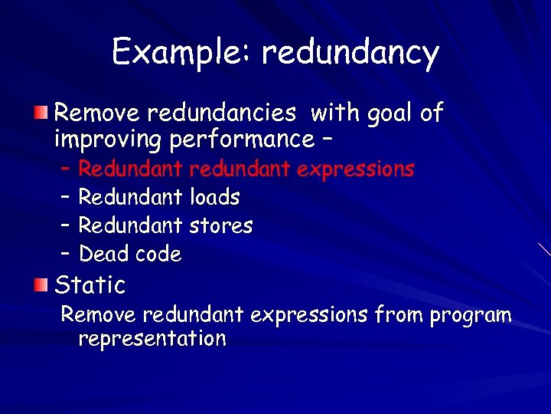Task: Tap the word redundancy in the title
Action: pyautogui.click(x=350, y=53)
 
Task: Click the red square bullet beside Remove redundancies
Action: pyautogui.click(x=40, y=113)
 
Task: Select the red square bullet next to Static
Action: pyautogui.click(x=40, y=285)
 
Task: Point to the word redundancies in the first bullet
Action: pyautogui.click(x=221, y=113)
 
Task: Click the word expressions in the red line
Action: pyautogui.click(x=356, y=169)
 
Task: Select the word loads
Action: pyautogui.click(x=214, y=197)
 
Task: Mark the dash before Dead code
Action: pyautogui.click(x=65, y=254)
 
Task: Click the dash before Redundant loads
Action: pyautogui.click(x=65, y=197)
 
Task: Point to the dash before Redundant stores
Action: pyautogui.click(x=65, y=225)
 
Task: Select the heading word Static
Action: pyautogui.click(x=90, y=285)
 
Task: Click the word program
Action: pyautogui.click(x=471, y=315)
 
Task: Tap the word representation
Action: pyautogui.click(x=152, y=339)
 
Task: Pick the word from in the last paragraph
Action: pyautogui.click(x=402, y=314)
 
